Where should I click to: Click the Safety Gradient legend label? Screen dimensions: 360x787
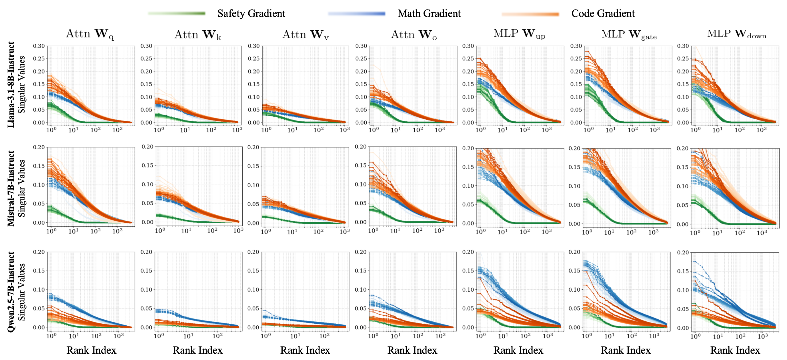point(251,13)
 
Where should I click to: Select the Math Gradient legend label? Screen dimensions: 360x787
point(429,13)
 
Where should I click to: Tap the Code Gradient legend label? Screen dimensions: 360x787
point(603,13)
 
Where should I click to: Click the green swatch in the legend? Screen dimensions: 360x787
point(177,13)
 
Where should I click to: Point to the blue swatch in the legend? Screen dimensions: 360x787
point(357,14)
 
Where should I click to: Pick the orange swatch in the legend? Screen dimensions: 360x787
point(530,14)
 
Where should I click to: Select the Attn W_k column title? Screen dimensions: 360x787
point(198,35)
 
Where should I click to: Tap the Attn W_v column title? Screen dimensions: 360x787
point(305,35)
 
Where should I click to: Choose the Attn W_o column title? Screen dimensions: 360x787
point(414,35)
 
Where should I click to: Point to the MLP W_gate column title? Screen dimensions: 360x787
point(629,35)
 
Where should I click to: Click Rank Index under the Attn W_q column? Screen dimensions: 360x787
point(91,350)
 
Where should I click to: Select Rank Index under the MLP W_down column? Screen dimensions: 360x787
point(735,350)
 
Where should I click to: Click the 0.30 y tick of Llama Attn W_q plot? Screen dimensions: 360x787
point(39,46)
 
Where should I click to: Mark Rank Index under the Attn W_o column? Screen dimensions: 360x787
point(412,350)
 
